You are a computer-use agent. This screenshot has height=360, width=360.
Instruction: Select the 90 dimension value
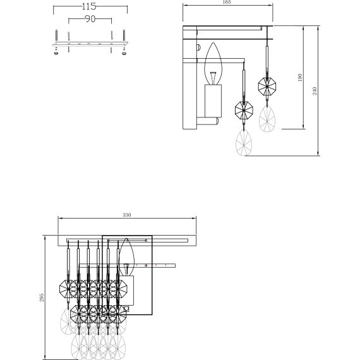(x=89, y=20)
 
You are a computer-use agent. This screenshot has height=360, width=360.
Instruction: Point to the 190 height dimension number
(x=301, y=78)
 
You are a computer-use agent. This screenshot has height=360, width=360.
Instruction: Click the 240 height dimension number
(x=315, y=91)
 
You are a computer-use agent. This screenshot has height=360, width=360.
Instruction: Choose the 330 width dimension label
(x=126, y=216)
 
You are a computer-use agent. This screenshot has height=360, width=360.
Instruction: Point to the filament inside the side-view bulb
(x=213, y=78)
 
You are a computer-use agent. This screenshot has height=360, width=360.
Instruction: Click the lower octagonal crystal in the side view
(x=243, y=111)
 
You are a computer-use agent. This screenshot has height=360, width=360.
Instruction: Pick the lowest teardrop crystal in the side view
(x=243, y=144)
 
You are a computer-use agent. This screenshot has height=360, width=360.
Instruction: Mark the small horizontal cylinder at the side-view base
(x=211, y=120)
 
